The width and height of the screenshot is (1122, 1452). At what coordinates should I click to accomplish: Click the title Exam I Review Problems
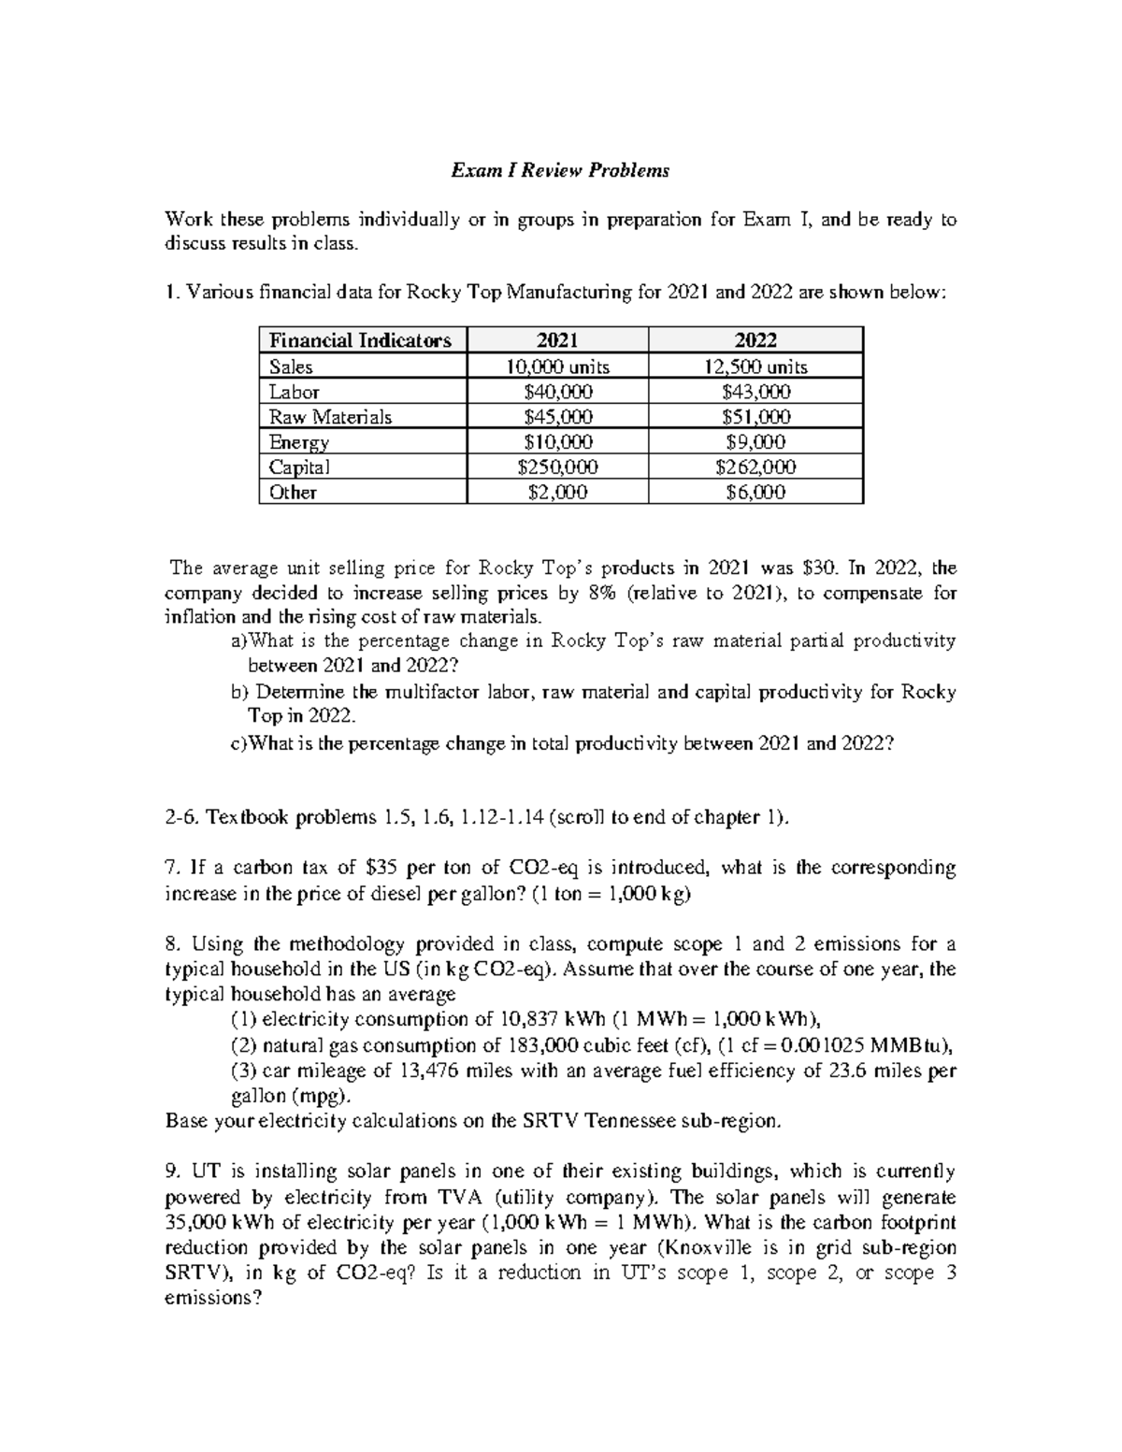pyautogui.click(x=561, y=170)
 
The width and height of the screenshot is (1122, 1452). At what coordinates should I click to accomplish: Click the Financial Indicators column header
pyautogui.click(x=360, y=340)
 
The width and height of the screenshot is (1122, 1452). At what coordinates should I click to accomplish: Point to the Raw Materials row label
pyautogui.click(x=329, y=417)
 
